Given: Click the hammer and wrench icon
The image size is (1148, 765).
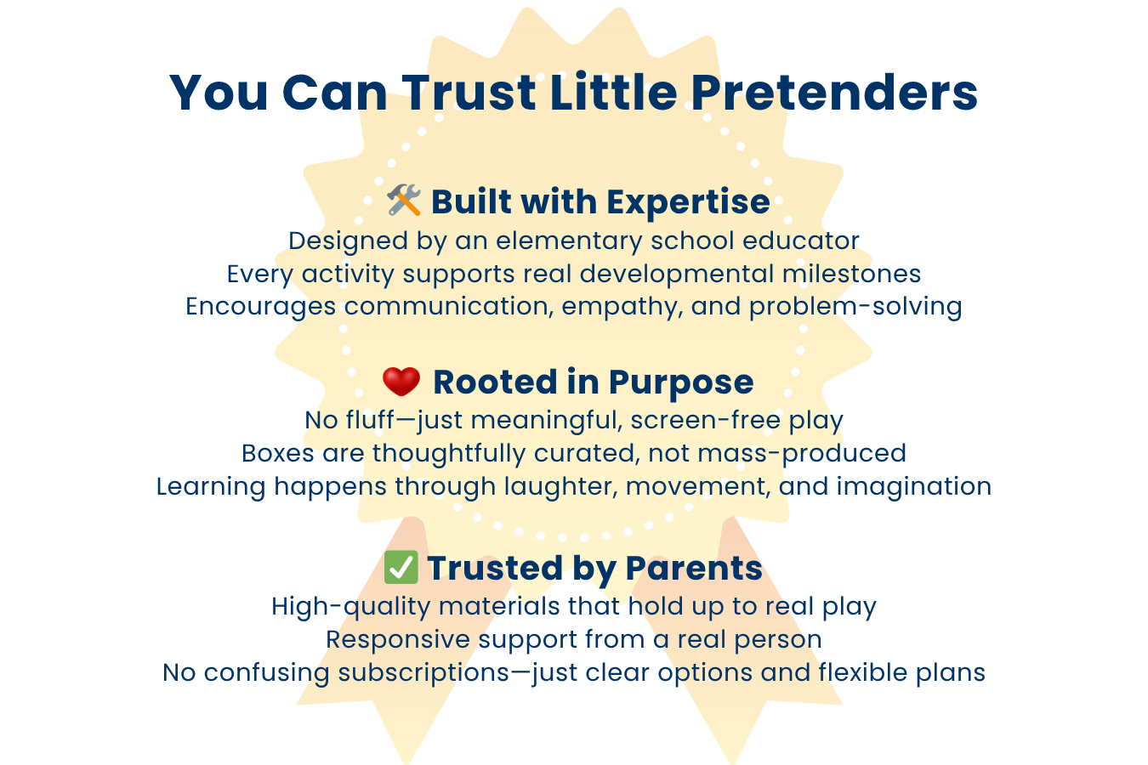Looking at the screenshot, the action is pyautogui.click(x=404, y=200).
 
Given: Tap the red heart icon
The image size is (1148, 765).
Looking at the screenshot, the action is pyautogui.click(x=401, y=382).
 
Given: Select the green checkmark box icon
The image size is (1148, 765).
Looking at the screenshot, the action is pyautogui.click(x=401, y=567).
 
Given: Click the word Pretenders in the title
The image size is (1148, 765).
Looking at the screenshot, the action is pyautogui.click(x=834, y=93).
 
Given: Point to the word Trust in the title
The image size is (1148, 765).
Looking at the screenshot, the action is pyautogui.click(x=469, y=93).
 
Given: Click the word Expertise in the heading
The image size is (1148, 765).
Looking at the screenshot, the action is pyautogui.click(x=688, y=203).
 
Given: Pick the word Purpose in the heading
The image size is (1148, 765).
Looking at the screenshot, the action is pyautogui.click(x=681, y=383).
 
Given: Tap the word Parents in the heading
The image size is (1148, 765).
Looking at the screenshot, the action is pyautogui.click(x=694, y=568).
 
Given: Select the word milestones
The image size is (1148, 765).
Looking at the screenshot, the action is pyautogui.click(x=851, y=274).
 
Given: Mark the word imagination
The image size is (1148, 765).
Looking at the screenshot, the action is pyautogui.click(x=914, y=487).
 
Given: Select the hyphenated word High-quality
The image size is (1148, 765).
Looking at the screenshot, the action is pyautogui.click(x=351, y=608).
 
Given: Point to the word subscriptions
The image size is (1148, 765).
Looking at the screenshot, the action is pyautogui.click(x=423, y=673).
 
